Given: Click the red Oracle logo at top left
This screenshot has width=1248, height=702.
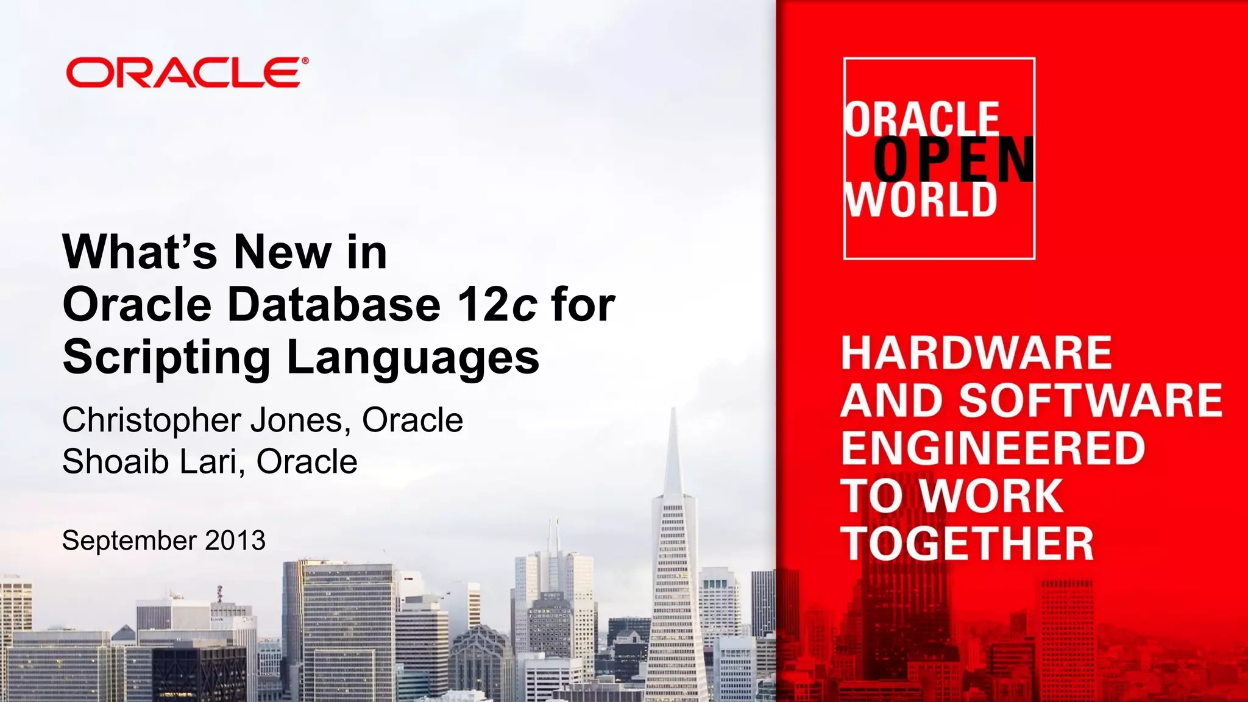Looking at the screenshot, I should point(183,73).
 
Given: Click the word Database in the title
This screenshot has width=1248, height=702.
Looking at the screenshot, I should point(333,304).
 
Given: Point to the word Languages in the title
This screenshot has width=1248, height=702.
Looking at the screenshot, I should point(413,358).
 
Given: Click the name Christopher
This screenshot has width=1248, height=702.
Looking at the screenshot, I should point(152,420).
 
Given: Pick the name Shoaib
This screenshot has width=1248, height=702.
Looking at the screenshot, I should point(116,461).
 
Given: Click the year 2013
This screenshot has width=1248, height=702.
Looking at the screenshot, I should point(235,541).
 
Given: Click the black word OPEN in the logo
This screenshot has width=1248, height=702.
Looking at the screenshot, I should point(954,159).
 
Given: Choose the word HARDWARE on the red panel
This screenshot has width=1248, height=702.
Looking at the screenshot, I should point(976,353).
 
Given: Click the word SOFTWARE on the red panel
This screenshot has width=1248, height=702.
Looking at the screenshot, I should point(1091,400).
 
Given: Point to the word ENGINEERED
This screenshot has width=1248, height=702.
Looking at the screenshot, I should point(993,448).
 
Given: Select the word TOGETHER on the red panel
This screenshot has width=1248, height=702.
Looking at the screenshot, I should point(967,544).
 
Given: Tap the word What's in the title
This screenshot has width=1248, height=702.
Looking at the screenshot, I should point(140,252).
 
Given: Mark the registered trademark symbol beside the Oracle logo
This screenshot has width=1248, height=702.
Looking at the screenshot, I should point(305,61).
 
